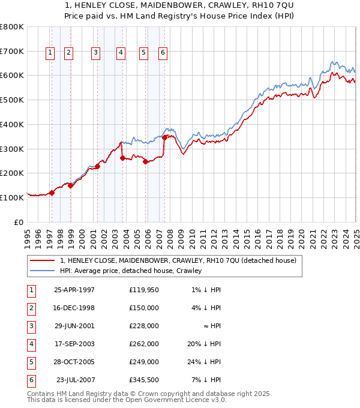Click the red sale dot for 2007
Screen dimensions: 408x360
point(164,137)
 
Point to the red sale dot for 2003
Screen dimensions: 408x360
point(122,158)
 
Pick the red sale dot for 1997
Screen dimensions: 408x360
point(52,193)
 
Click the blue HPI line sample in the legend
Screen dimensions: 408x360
point(43,271)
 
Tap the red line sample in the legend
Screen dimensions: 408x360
point(43,261)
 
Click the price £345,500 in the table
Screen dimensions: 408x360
point(143,380)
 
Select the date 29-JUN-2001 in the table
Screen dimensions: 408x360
point(74,326)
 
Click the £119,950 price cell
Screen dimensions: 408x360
point(143,290)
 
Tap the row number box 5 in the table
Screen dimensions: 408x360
point(31,362)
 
